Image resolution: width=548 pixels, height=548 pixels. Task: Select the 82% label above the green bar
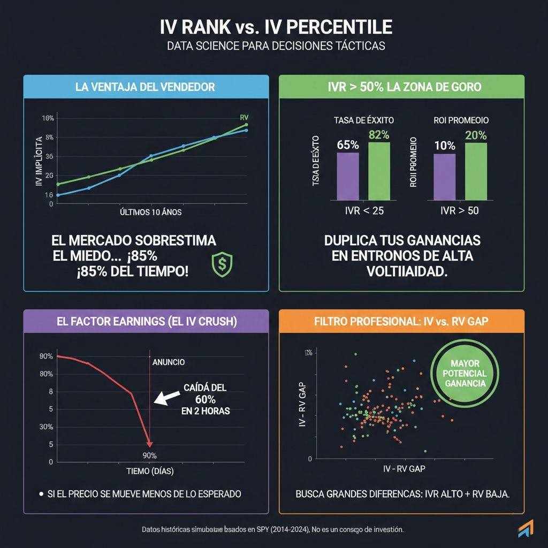click(379, 135)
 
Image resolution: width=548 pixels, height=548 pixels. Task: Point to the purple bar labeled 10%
click(444, 176)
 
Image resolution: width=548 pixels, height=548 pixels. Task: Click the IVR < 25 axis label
click(364, 210)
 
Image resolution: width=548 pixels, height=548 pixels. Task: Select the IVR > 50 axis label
click(460, 210)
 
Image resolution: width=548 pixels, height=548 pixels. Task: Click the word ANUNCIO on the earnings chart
click(169, 362)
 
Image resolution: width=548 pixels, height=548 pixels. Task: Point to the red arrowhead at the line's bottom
click(150, 444)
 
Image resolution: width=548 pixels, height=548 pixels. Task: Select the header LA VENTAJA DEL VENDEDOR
click(146, 87)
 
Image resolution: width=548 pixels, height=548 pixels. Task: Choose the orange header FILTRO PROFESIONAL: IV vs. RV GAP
click(401, 322)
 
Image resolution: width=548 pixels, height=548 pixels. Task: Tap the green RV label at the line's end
click(245, 118)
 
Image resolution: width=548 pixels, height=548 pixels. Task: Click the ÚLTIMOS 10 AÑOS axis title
click(151, 212)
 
